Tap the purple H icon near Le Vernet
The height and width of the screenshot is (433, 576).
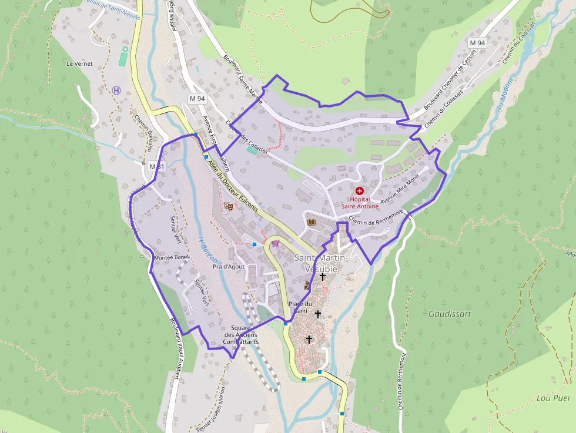click(x=116, y=90)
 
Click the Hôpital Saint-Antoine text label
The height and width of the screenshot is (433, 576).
click(x=359, y=203)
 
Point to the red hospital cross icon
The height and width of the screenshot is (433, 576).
click(x=359, y=191)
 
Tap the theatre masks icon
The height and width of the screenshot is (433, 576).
click(x=229, y=206)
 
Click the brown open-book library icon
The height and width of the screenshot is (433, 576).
click(x=311, y=223)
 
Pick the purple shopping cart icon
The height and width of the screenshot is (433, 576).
click(x=275, y=243)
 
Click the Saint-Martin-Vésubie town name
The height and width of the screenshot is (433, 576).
click(x=322, y=263)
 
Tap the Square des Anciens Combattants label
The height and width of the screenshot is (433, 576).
click(x=241, y=334)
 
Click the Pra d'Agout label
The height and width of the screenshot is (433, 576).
click(x=229, y=267)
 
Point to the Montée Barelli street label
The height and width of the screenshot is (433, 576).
click(x=170, y=257)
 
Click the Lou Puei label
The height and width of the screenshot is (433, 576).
click(x=553, y=398)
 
